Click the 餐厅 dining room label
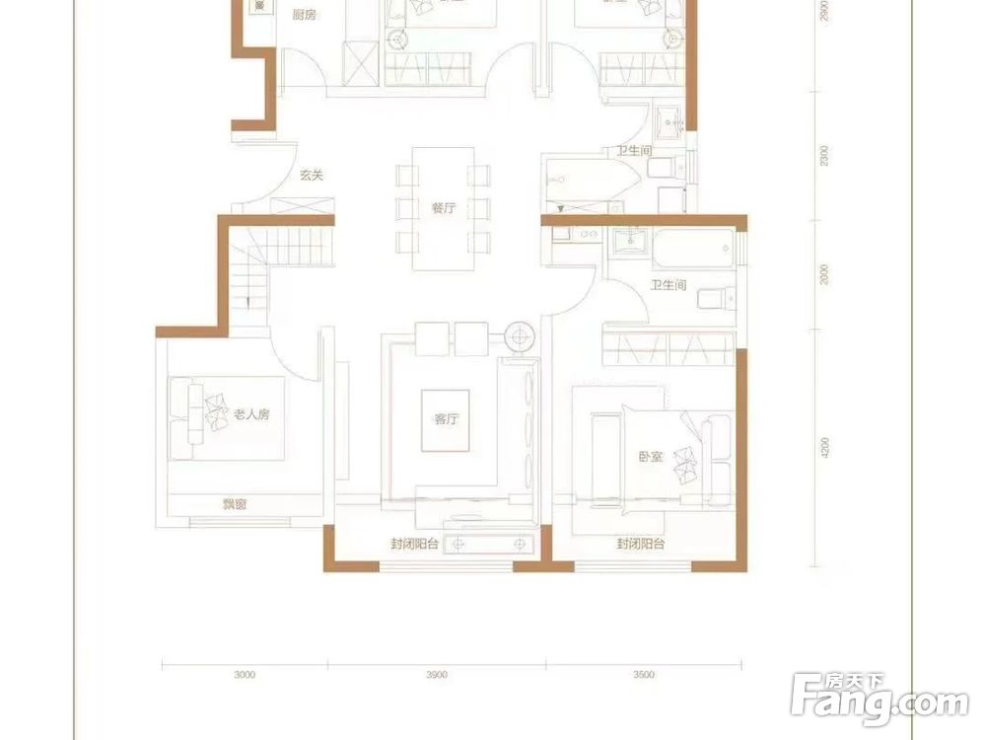[x=443, y=208]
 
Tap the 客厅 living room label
[x=446, y=419]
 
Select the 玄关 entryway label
[x=312, y=176]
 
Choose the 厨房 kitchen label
[x=305, y=15]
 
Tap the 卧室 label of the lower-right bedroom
[x=649, y=457]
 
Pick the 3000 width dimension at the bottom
[x=246, y=676]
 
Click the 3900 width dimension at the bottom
[x=438, y=676]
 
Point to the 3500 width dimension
[x=643, y=676]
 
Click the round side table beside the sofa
[x=520, y=336]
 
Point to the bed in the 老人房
[x=227, y=417]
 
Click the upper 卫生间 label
[x=634, y=151]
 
